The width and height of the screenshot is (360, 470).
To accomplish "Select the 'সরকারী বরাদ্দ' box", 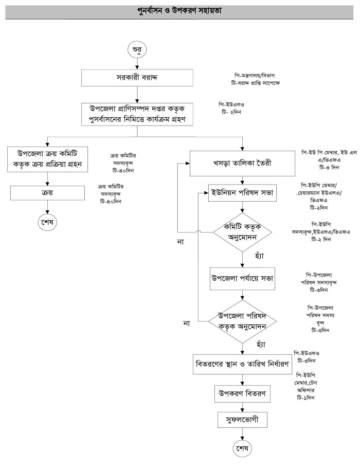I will (136, 78).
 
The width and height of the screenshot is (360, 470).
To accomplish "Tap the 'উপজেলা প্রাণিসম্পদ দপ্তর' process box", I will (136, 114).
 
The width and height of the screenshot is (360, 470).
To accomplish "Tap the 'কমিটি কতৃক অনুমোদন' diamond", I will (242, 232).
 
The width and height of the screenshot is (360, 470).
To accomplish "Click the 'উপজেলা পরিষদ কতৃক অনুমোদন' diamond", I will (242, 320).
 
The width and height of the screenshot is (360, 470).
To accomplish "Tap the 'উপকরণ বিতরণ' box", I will (243, 394).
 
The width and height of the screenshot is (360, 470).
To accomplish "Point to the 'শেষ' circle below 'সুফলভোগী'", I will (242, 448).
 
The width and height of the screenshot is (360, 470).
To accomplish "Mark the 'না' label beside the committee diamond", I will (181, 242).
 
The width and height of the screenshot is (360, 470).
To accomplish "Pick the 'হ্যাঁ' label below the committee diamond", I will (245, 256).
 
